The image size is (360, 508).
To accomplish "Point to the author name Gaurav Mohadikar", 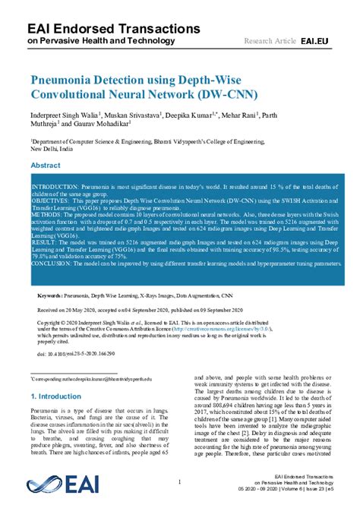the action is point(103,125).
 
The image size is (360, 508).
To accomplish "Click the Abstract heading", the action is point(46,165).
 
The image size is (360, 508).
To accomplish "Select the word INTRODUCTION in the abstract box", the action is point(55,187).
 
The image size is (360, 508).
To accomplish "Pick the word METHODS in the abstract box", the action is point(46,216).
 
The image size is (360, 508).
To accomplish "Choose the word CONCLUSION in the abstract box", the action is point(52,265).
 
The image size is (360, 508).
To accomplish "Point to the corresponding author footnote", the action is point(91,377).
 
